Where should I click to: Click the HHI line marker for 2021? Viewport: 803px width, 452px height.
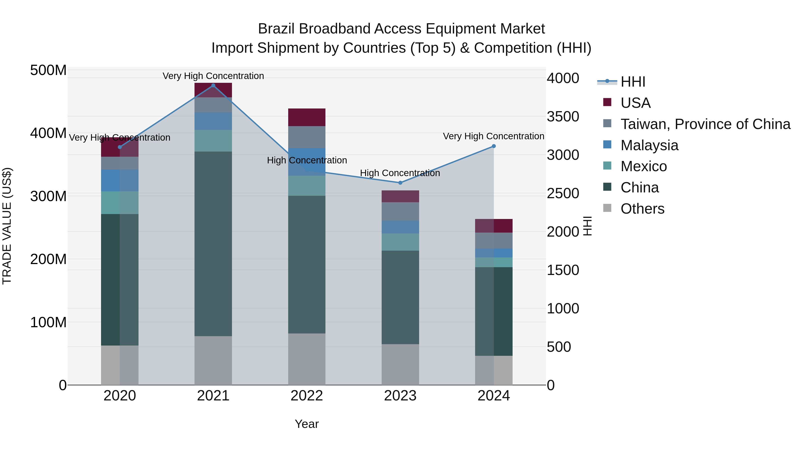213,85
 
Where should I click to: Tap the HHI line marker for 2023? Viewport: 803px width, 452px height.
400,183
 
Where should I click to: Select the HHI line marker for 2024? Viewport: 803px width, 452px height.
494,146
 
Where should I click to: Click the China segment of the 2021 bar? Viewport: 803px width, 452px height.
213,243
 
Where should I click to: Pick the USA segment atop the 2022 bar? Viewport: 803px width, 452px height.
307,117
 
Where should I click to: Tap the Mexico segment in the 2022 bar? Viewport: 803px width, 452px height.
307,186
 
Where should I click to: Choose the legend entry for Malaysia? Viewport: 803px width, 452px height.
649,145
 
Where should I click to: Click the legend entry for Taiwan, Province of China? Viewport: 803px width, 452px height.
705,124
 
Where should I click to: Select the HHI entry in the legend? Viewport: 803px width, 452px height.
633,82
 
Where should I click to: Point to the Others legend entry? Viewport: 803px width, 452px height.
642,209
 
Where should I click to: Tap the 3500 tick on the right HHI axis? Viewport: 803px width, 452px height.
563,117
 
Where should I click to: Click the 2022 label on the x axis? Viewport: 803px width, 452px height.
307,396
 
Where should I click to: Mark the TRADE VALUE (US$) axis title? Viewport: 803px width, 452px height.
7,226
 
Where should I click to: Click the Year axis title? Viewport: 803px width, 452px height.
307,424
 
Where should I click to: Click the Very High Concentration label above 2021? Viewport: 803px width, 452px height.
213,76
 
